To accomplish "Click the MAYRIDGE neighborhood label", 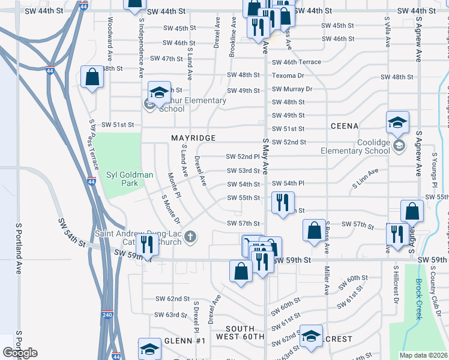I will point(193,138).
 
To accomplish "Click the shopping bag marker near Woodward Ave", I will point(92,77).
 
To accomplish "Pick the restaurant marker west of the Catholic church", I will point(146,244).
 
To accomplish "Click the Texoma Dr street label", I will point(288,76).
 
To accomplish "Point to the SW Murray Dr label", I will point(292,89).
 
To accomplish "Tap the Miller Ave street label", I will point(328,280).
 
